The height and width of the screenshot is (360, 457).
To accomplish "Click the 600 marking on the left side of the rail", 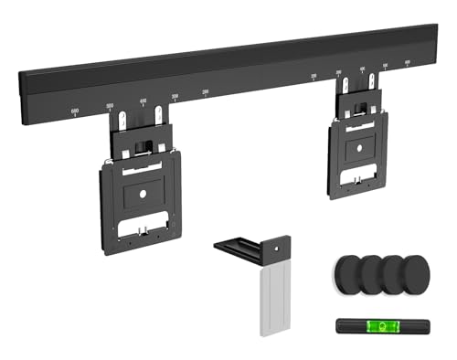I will click(x=75, y=111).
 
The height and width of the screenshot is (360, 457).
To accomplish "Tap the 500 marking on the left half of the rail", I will click(x=110, y=105).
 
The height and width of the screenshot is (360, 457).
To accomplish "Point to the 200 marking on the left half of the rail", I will click(x=206, y=91).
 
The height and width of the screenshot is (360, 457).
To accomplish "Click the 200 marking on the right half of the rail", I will click(x=314, y=76).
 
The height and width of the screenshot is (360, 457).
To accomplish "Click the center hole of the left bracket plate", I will click(x=142, y=194).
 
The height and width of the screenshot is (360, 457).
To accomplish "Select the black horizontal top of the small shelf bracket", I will click(x=247, y=245).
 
